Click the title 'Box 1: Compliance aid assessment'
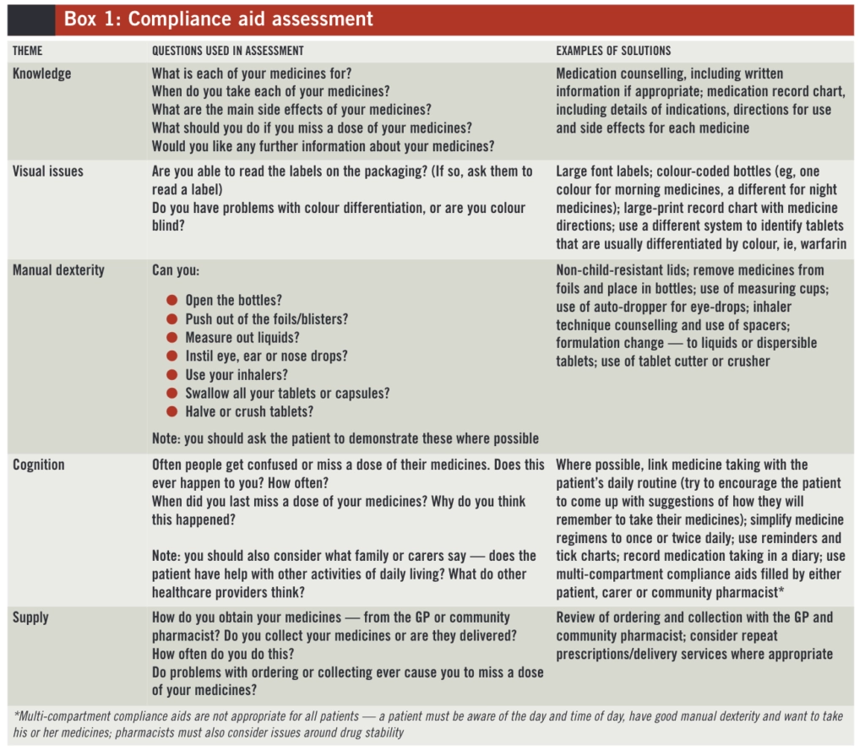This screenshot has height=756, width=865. pos(218,19)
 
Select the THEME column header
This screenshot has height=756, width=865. pos(27,51)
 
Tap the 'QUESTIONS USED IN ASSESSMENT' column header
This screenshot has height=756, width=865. pos(227,51)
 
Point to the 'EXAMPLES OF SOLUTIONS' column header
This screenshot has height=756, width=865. pos(613,51)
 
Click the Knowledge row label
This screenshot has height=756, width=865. pos(41,73)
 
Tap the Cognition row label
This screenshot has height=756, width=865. pos(39,465)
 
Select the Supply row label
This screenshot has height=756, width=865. pos(32,618)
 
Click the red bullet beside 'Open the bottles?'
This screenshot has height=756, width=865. pos(171,301)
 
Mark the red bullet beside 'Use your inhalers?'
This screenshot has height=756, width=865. pos(171,375)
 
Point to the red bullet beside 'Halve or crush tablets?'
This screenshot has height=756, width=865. pos(171,412)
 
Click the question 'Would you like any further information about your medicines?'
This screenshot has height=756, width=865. pos(323,146)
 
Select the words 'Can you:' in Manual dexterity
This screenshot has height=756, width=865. pos(176,270)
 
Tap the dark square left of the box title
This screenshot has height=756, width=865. pos(30,19)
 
